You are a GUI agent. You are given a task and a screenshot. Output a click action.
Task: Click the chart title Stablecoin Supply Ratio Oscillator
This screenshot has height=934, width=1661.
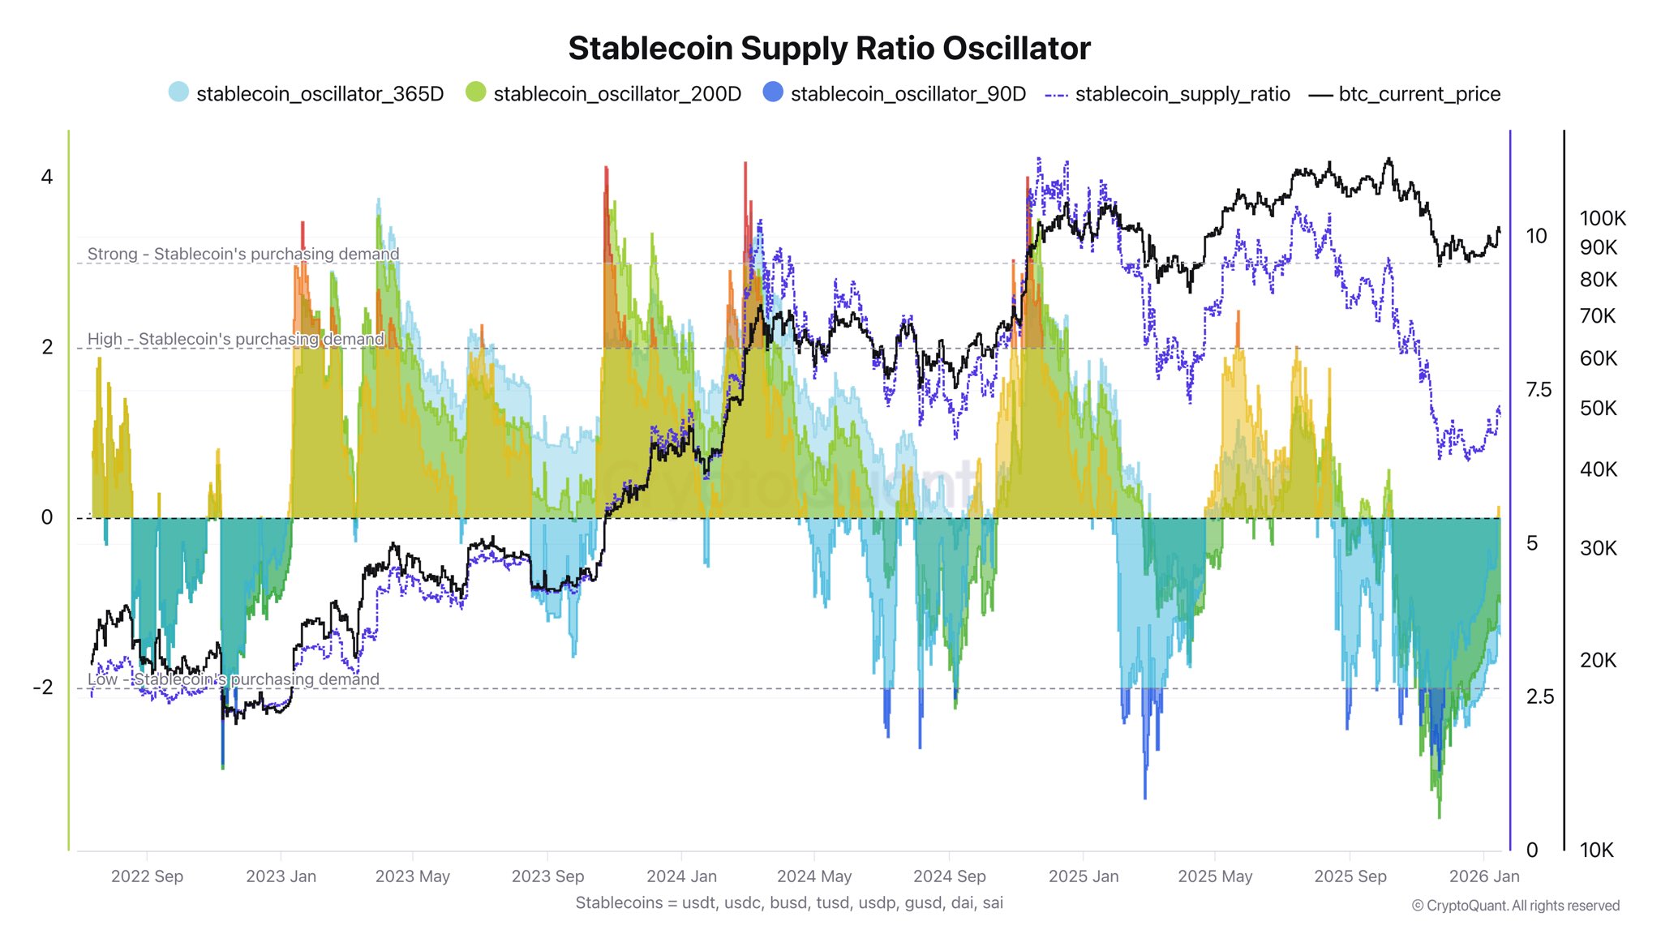point(829,49)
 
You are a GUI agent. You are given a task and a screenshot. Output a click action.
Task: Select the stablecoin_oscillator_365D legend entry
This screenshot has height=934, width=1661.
point(306,94)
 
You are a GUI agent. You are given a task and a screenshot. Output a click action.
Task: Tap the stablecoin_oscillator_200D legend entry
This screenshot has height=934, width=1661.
point(603,94)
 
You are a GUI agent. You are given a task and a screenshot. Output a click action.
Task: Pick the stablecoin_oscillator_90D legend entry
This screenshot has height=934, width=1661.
point(894,94)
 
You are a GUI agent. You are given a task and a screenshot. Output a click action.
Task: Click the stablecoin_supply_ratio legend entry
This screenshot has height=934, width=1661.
point(1168,94)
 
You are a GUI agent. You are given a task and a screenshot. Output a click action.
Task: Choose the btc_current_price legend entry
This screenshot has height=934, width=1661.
point(1405,94)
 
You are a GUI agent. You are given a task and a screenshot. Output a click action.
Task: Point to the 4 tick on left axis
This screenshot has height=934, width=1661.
point(47,177)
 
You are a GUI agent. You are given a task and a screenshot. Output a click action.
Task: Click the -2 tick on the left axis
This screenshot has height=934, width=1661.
point(43,688)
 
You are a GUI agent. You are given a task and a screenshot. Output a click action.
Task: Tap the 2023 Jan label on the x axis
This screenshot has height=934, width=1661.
point(281,876)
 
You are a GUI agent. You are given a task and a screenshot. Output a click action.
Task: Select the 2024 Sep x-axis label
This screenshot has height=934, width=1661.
point(949,876)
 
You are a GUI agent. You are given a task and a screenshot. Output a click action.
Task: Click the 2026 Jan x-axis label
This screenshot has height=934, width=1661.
point(1483,876)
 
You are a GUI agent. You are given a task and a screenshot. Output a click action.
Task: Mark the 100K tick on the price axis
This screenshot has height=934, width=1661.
point(1603,218)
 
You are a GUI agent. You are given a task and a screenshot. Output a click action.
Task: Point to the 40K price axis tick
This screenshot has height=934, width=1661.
point(1598,469)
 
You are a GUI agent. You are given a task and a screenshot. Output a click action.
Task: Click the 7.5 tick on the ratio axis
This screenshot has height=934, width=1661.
point(1539,390)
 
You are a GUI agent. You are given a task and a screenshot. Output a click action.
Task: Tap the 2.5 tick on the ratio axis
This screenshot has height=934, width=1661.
point(1539,696)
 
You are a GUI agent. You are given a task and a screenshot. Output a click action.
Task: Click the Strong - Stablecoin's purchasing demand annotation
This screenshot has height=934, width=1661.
point(243,254)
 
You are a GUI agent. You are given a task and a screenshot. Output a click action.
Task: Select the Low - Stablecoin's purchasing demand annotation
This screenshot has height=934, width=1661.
point(233,679)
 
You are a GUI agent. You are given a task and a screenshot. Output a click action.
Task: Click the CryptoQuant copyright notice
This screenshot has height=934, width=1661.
point(1515,906)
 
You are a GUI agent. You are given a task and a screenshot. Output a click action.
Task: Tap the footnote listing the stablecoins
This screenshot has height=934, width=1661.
point(789,902)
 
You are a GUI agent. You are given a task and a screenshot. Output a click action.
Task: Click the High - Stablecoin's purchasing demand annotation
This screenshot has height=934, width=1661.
point(235,339)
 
